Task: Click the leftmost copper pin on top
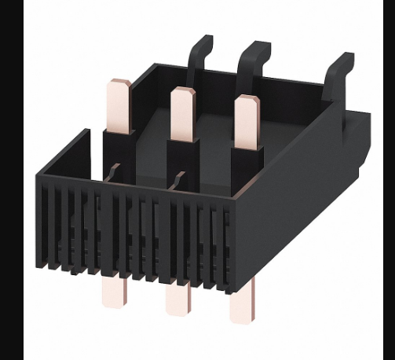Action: coord(121,105)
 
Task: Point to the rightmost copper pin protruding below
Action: coord(241,307)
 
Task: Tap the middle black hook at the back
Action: coord(255,58)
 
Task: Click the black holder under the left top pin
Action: coord(119,153)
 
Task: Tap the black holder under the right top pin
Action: coord(245,169)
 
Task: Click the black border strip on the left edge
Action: coord(11,180)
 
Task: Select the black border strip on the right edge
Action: coord(388,180)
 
